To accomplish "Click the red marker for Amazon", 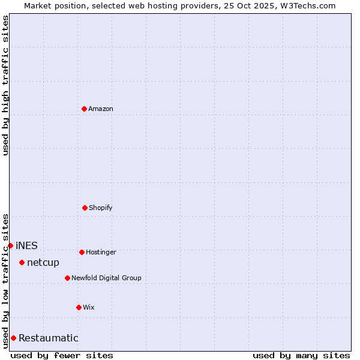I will [x=84, y=109].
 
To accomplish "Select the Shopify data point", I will [x=85, y=208].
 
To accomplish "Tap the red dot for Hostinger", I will [x=82, y=252].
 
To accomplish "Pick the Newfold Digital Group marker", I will [x=67, y=278].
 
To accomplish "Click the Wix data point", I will [x=79, y=307].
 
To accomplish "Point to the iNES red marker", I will [x=10, y=245].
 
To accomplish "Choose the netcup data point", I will [x=22, y=262].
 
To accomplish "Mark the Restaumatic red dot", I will [x=13, y=338].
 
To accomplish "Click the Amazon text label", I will [x=101, y=109].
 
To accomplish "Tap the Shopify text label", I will [x=101, y=208].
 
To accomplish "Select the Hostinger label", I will [x=101, y=252].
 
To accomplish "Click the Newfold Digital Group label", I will [x=106, y=278].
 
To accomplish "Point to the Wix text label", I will [x=89, y=307].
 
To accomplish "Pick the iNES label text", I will [x=26, y=245].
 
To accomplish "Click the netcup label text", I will [x=43, y=262].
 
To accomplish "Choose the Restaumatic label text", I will [x=49, y=338].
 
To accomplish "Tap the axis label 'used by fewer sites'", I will [x=62, y=355].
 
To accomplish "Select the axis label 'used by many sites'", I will [x=301, y=355].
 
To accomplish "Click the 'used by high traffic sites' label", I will [x=5, y=85].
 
